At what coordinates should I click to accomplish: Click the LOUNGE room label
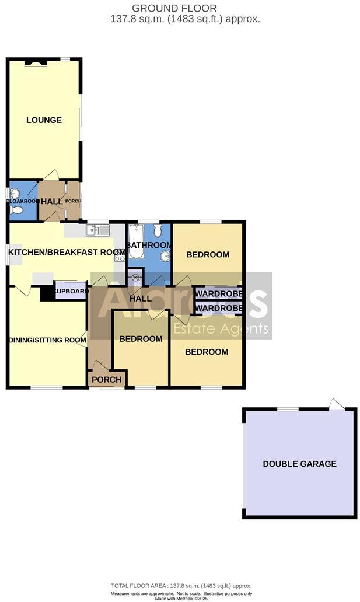pos(44,120)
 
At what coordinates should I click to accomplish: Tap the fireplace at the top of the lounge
pos(35,63)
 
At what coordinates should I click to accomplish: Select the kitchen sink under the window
pos(97,230)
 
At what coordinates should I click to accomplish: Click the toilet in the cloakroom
pos(16,210)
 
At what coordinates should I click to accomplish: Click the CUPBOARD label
pos(71,290)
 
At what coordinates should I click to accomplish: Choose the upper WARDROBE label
pos(219,293)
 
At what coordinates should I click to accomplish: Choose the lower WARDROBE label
pos(219,307)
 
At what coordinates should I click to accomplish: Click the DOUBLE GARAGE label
pos(299,464)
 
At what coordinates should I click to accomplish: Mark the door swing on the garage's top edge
pos(337,404)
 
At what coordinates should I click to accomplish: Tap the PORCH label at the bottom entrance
pos(107,380)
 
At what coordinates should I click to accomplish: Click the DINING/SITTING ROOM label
pos(47,340)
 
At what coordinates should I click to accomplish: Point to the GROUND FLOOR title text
pos(166,8)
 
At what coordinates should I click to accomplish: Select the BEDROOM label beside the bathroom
pos(207,254)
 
